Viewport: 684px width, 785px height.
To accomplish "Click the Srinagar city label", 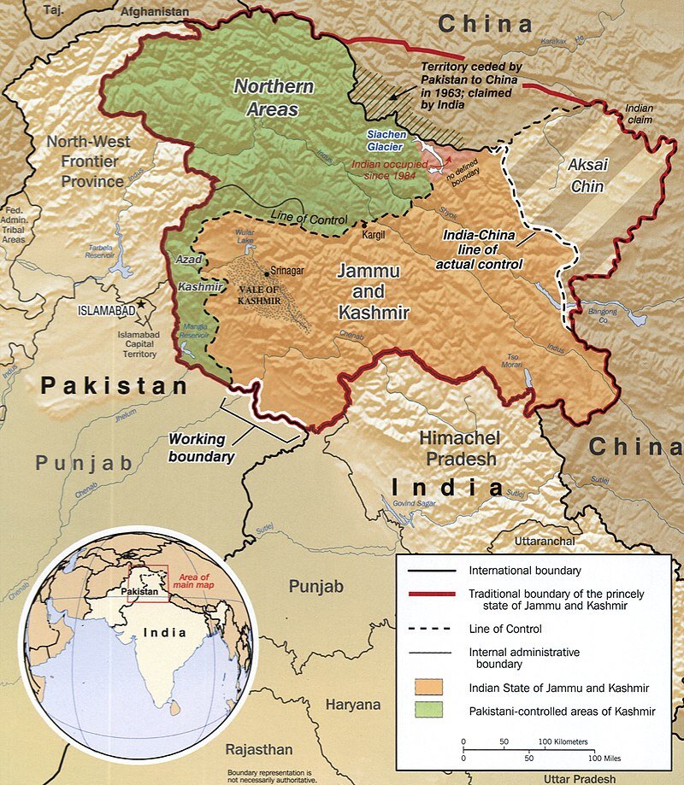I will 289,271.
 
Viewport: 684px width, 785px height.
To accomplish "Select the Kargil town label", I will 377,232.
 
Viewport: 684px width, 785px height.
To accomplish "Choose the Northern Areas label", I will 274,98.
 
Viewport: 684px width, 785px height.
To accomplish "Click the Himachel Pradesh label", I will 457,448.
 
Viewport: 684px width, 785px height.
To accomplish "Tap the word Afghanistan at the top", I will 154,11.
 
